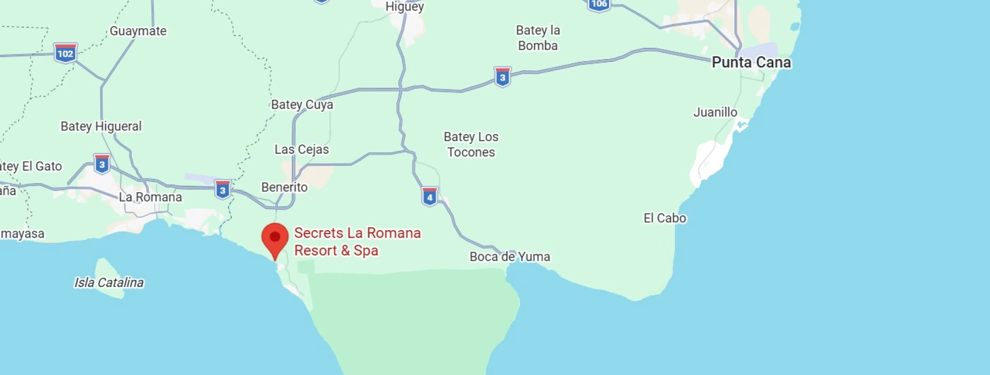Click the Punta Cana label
coord(751,62)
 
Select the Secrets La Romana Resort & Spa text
coord(357,241)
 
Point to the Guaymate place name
coord(138,31)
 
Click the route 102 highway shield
coord(65,53)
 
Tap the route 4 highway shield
coord(429,197)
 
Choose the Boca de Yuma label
coord(510,256)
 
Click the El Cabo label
coord(664,218)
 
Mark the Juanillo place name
coord(715,112)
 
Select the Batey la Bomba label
coord(538,38)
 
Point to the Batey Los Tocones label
coord(471,144)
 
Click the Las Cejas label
coord(302,150)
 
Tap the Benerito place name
coord(284,187)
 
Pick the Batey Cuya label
coord(302,105)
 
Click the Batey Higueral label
coord(101,126)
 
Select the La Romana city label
coord(150,197)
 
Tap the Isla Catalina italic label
coord(109,282)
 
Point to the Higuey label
coord(404,7)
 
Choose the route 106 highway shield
coord(599,4)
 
